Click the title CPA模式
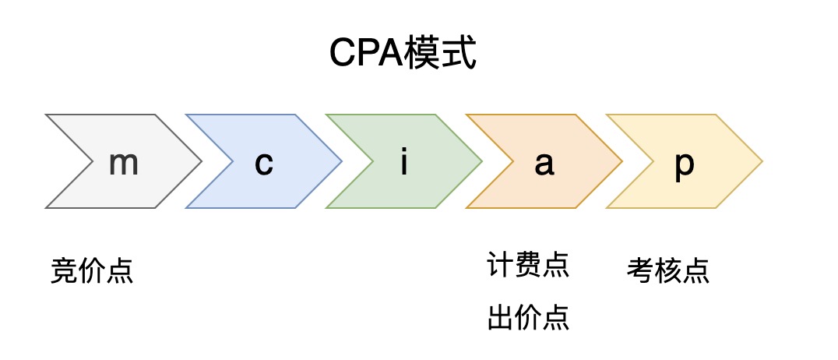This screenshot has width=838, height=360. click(402, 54)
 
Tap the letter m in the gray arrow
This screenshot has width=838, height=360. click(123, 163)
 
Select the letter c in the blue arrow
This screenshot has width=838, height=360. click(264, 164)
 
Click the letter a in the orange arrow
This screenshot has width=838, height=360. click(544, 164)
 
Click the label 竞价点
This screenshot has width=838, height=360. click(92, 270)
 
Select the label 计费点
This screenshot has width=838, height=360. click(528, 265)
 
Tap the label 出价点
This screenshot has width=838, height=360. click(528, 317)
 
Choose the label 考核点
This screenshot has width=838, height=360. click(668, 270)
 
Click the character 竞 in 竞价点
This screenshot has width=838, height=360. click(64, 270)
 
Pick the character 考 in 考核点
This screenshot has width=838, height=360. click(640, 270)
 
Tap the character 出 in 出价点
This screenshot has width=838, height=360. click(501, 317)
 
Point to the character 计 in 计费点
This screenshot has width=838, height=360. click(501, 265)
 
